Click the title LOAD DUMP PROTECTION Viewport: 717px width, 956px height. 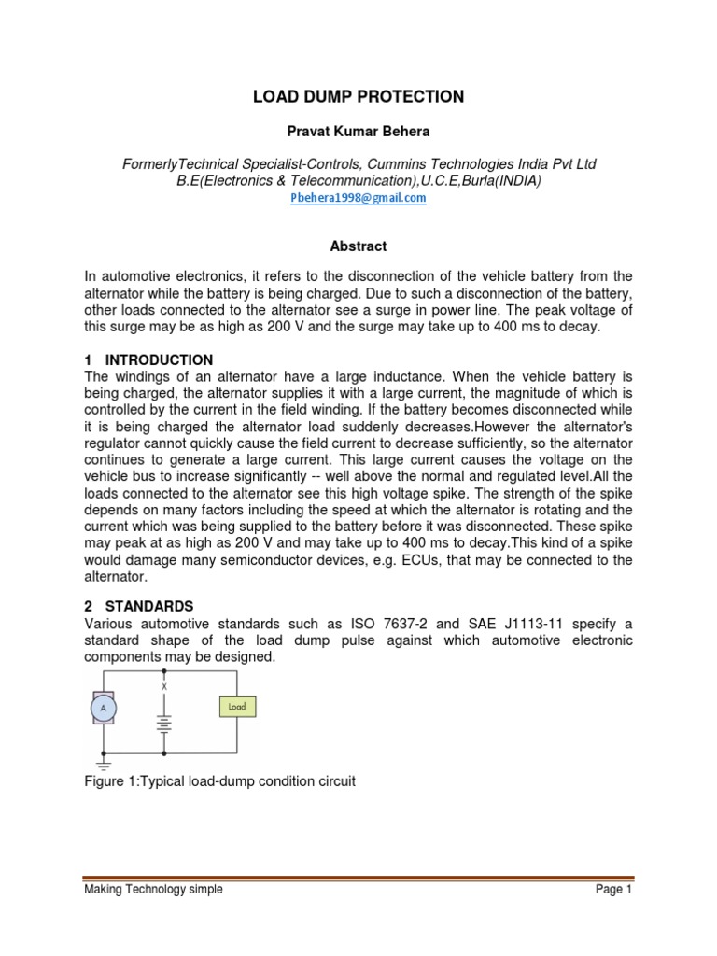click(358, 96)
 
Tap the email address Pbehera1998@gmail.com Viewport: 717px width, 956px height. click(358, 198)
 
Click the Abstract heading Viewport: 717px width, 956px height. click(358, 246)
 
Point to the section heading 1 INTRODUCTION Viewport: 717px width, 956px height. click(148, 359)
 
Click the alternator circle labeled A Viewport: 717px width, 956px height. click(102, 710)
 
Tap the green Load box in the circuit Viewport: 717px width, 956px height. click(237, 707)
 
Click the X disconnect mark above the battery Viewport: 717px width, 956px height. click(164, 686)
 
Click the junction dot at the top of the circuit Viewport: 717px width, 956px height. click(164, 669)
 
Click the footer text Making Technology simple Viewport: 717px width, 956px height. click(153, 890)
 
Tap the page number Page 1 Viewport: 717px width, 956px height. click(613, 890)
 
